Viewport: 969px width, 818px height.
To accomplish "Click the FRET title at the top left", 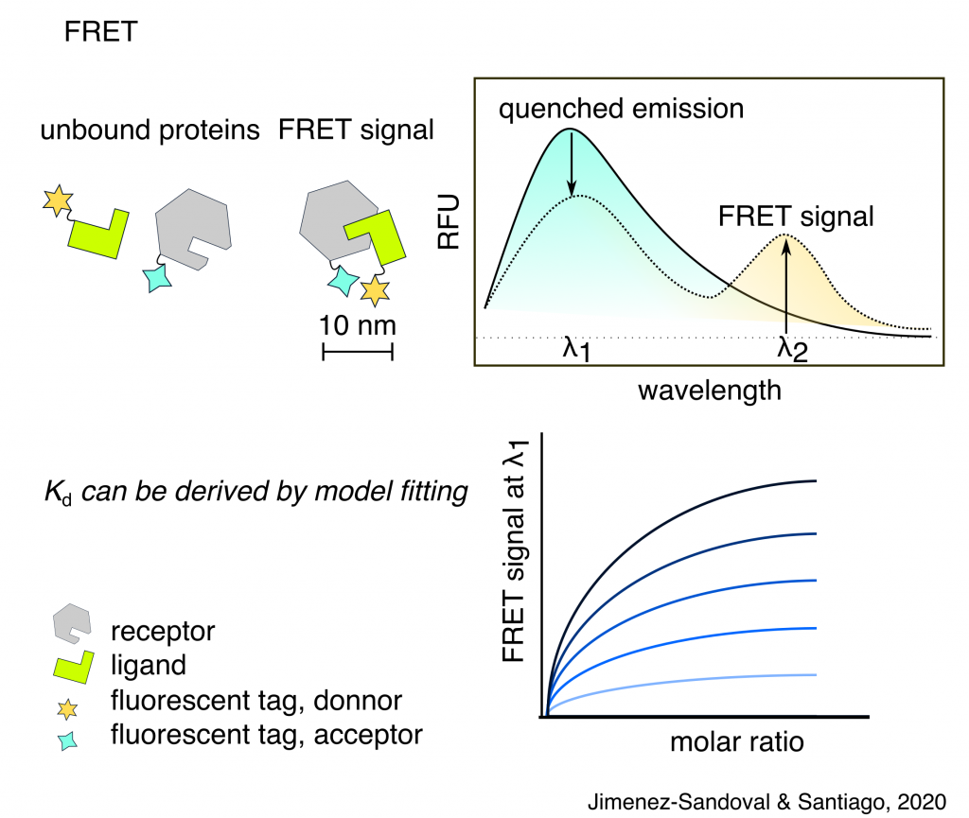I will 99,32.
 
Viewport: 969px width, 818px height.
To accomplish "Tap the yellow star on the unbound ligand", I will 58,200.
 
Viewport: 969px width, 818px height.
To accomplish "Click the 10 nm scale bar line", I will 358,354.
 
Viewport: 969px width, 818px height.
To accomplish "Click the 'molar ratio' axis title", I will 737,742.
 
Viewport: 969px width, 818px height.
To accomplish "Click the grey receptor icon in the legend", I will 72,623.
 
